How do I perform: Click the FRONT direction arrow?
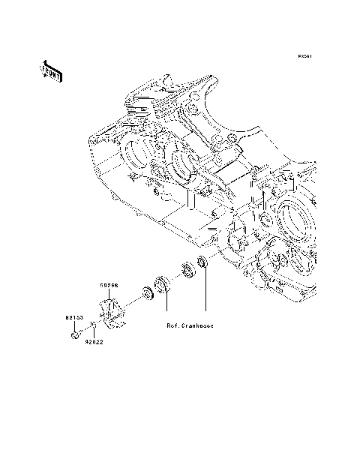click(x=51, y=70)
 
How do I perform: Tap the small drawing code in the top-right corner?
click(x=304, y=56)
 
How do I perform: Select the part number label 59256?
click(x=110, y=286)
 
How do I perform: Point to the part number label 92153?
click(x=72, y=318)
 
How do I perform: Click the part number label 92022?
click(x=94, y=342)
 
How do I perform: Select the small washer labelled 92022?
click(x=93, y=325)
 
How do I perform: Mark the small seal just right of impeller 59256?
click(x=144, y=292)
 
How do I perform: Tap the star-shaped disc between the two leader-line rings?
click(x=184, y=271)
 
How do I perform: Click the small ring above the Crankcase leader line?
click(x=201, y=262)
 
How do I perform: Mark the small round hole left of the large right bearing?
click(x=263, y=219)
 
